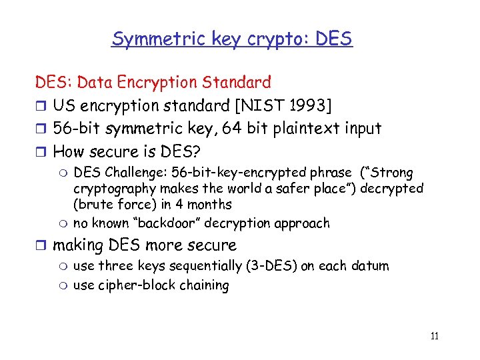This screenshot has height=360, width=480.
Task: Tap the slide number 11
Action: [434, 336]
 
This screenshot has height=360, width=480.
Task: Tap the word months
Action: [209, 204]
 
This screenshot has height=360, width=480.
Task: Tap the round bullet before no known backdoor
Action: [64, 223]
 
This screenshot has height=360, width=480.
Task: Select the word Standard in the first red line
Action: [239, 83]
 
